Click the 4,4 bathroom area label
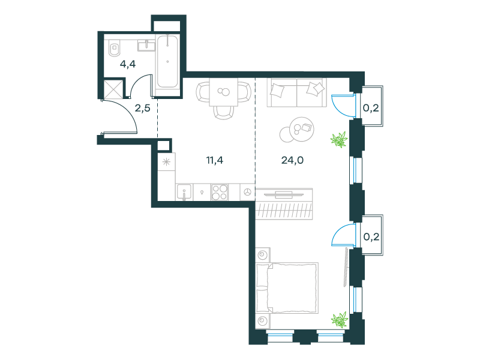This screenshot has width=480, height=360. (x=128, y=64)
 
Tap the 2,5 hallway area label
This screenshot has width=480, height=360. (x=143, y=108)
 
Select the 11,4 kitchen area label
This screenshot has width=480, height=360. (x=215, y=160)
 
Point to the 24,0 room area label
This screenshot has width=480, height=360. (x=292, y=160)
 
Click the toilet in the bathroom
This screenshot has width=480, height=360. (x=114, y=48)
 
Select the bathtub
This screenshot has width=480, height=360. (x=167, y=62)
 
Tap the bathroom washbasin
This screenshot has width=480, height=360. (x=146, y=46)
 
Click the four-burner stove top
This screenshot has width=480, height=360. (x=220, y=192)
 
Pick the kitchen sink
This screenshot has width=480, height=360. (x=184, y=192)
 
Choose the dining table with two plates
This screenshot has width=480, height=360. (x=224, y=92)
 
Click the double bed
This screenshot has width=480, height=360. (x=287, y=288)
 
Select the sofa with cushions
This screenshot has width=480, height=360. (x=296, y=92)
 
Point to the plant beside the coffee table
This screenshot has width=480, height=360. (x=339, y=140)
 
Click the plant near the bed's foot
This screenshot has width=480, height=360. (x=340, y=320)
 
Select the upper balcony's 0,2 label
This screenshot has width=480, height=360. (x=371, y=108)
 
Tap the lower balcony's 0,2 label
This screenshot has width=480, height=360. (x=371, y=236)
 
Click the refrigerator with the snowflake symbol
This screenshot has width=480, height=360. (x=167, y=161)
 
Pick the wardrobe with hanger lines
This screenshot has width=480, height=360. (x=284, y=204)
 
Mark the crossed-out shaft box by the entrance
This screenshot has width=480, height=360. (x=113, y=89)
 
